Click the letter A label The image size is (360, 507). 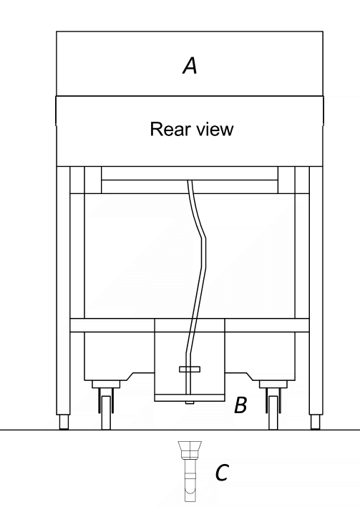click(190, 65)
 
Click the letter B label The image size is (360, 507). click(240, 405)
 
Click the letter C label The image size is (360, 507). click(222, 473)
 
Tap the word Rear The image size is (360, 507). click(170, 129)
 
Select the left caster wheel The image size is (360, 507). click(106, 413)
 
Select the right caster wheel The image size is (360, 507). click(273, 413)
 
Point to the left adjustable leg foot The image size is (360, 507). click(64, 422)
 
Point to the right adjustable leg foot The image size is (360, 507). click(316, 422)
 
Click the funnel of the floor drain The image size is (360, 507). click(190, 447)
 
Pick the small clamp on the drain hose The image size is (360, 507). click(190, 370)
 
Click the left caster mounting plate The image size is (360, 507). click(106, 384)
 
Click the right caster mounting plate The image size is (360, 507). click(273, 384)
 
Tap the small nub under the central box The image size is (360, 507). click(190, 402)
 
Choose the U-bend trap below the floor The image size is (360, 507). click(190, 491)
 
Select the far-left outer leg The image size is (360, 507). click(63, 290)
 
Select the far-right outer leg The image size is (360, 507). click(316, 290)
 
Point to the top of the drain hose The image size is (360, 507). click(190, 181)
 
